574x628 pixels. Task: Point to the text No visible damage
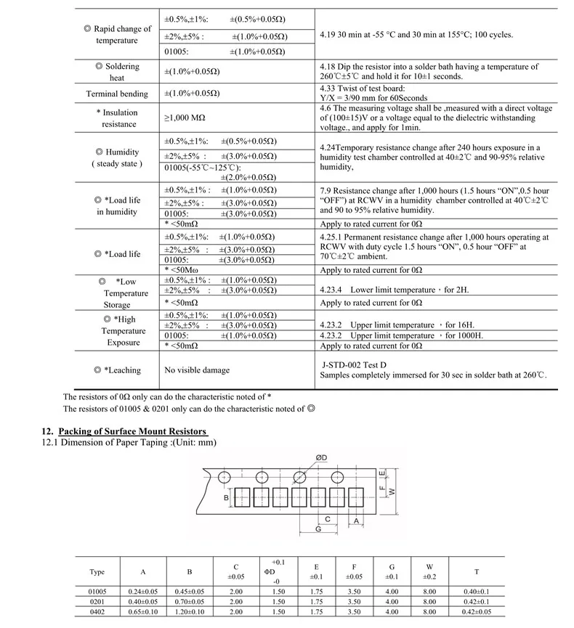[x=197, y=370]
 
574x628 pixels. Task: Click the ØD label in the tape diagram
[x=322, y=457]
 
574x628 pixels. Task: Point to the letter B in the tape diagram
[x=227, y=497]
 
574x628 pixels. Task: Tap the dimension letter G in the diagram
[x=319, y=529]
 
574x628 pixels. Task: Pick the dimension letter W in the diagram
[x=392, y=492]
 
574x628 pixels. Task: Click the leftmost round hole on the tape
[x=225, y=477]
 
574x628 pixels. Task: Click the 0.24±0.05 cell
[x=142, y=592]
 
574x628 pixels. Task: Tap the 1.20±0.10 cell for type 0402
[x=190, y=611]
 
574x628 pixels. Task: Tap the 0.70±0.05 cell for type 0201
[x=190, y=601]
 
